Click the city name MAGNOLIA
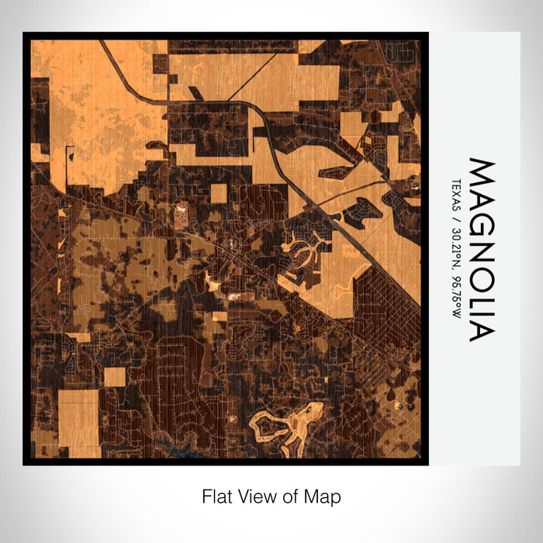click(481, 250)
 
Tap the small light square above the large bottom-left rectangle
click(115, 377)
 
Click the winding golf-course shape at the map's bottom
click(291, 425)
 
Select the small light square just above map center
click(219, 192)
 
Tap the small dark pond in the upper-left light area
click(71, 156)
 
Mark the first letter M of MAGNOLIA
click(481, 170)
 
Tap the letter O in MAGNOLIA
click(481, 261)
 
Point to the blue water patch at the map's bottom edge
click(175, 447)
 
